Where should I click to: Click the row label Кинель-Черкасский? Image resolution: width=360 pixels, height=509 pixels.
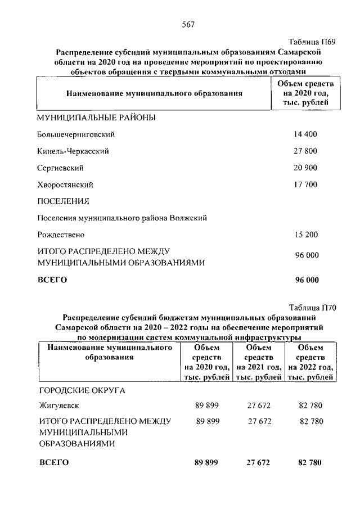point(73,151)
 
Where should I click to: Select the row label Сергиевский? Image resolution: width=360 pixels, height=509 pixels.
point(60,168)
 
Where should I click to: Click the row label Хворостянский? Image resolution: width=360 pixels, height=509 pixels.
point(65,184)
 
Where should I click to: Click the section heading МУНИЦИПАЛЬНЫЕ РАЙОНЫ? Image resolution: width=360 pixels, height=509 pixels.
point(96,118)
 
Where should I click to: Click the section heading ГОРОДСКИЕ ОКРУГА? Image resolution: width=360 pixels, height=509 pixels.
point(82,390)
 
